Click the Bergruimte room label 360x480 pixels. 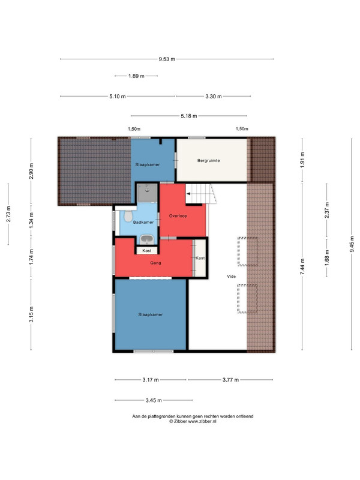tap(208, 160)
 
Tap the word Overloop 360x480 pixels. tap(178, 216)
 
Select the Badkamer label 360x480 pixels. tap(143, 222)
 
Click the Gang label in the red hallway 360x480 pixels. tap(155, 263)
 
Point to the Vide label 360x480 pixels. tap(232, 277)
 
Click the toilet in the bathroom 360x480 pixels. tap(128, 216)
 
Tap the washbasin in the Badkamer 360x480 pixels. tap(147, 238)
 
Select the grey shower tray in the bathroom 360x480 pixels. tap(147, 193)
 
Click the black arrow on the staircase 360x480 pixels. tap(188, 194)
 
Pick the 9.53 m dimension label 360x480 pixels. tap(167, 59)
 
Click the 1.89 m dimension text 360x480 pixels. tap(136, 76)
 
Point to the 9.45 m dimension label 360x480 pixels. tap(352, 244)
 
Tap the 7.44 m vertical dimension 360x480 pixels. tap(302, 266)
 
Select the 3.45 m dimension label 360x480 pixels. tap(154, 400)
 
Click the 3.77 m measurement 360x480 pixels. tap(230, 380)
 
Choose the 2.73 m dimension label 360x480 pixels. tap(8, 214)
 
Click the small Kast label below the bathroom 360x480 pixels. tap(147, 250)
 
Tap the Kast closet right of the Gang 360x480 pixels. tap(200, 258)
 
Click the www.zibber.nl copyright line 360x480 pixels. tap(193, 421)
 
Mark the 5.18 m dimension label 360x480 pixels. tap(189, 116)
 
